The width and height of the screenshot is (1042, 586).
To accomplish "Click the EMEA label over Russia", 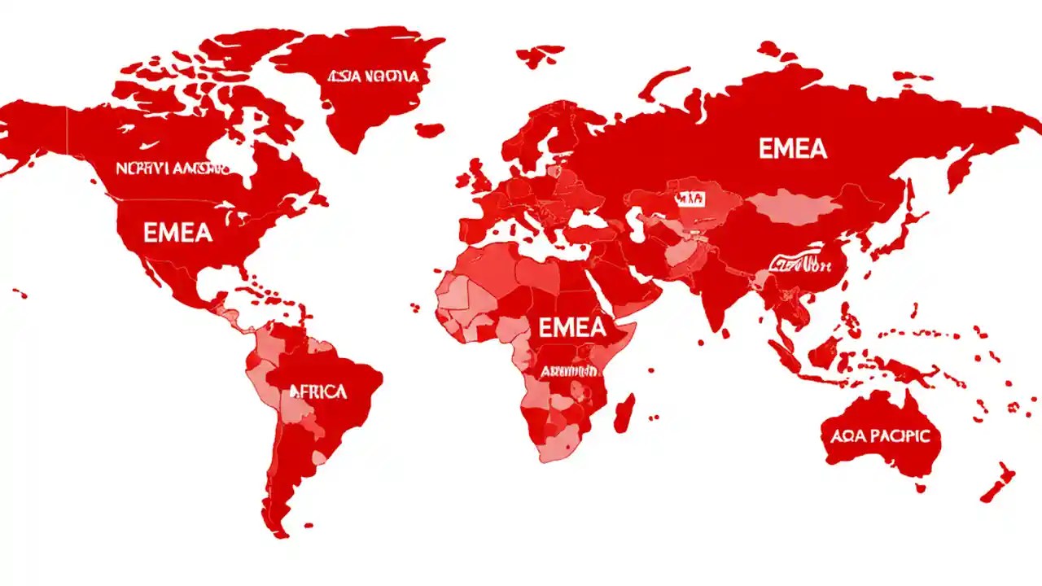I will click(x=792, y=149).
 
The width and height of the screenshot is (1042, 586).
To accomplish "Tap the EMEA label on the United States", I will click(x=177, y=233).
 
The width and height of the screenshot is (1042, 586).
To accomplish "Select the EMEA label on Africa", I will click(x=572, y=327).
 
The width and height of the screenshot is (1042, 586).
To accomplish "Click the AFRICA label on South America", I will click(x=318, y=391).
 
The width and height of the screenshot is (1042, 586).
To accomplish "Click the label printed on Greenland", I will click(x=373, y=77).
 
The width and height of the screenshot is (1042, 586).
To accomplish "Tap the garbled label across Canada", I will click(x=172, y=168).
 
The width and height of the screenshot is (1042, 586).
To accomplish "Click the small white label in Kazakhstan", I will click(x=688, y=198).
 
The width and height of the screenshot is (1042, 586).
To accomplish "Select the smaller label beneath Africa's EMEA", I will click(x=570, y=371).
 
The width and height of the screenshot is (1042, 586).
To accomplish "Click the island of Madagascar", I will click(x=624, y=413).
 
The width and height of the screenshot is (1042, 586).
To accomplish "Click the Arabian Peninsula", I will click(x=631, y=281).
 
